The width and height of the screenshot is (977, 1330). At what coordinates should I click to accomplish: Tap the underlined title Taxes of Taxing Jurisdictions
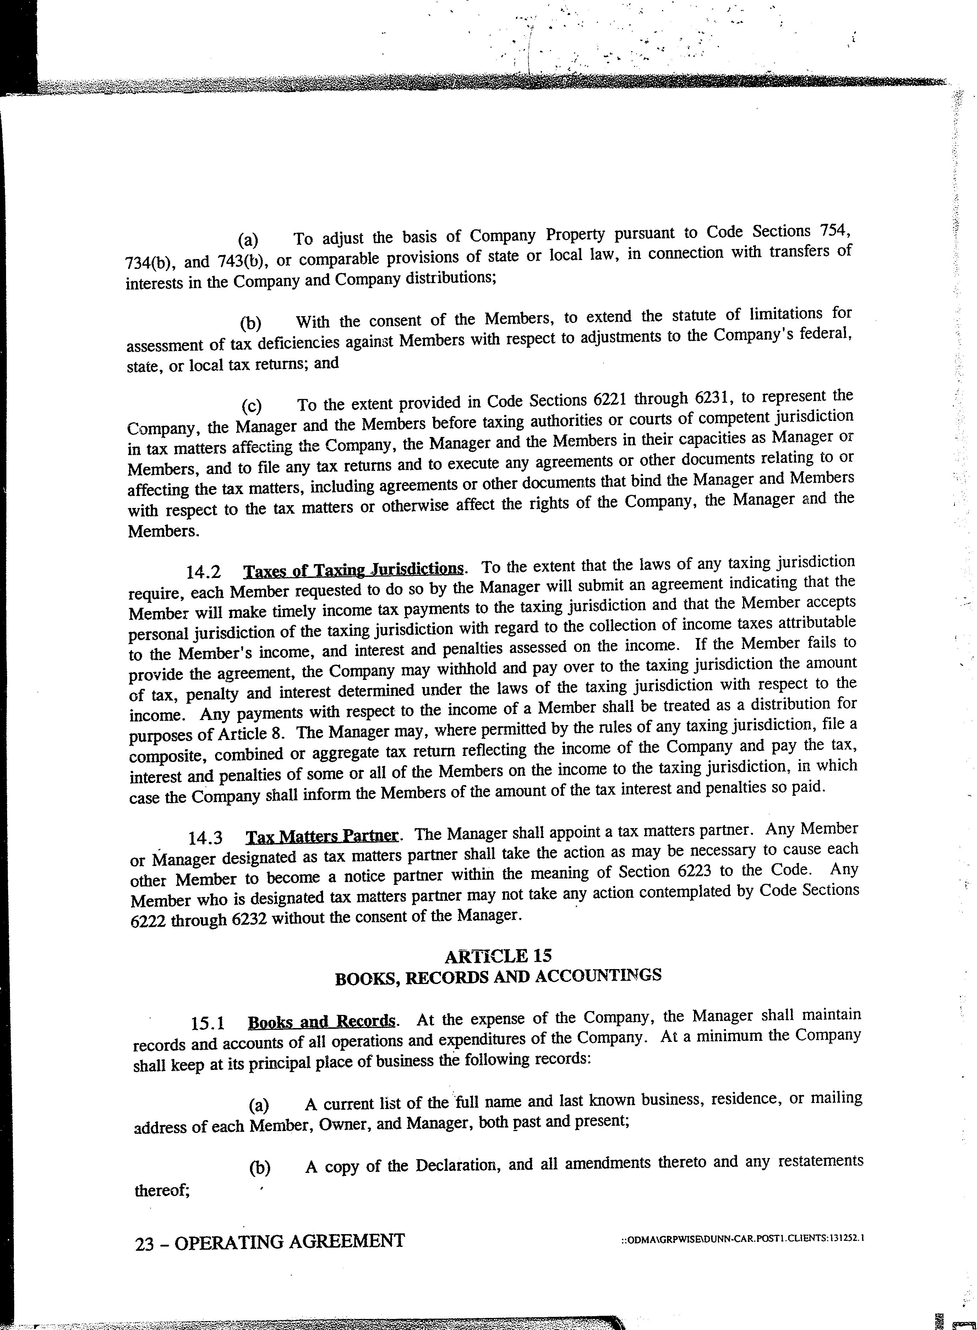point(354,570)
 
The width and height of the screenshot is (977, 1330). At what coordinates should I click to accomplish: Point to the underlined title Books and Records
point(321,1022)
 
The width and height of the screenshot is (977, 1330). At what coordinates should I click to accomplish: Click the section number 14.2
point(203,573)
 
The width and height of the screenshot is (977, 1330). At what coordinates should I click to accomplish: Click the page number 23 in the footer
point(145,1241)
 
